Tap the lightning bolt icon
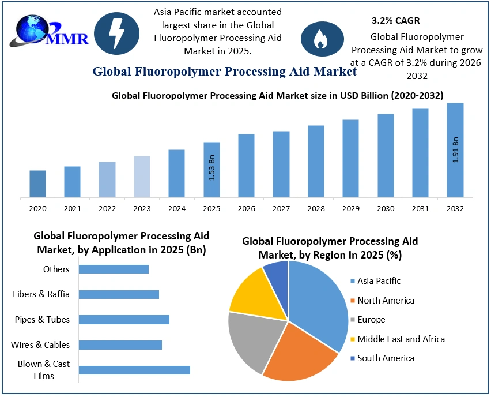116,33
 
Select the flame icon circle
319,38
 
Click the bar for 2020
37,183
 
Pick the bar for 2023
142,177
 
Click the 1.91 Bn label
455,149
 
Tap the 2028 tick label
316,208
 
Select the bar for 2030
386,155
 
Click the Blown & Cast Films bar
134,370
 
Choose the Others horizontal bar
114,269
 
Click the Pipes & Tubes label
42,319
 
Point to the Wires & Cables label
40,344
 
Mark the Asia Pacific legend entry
379,281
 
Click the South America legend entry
385,358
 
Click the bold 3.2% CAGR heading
395,20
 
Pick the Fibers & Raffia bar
119,294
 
